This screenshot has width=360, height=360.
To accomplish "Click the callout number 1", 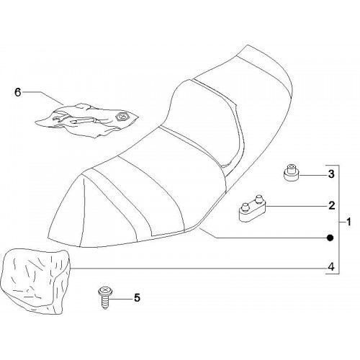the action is pos(348,222).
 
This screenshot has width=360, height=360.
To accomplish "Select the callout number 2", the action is pos(331,206).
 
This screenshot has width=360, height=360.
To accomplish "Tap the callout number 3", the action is pos(331,174).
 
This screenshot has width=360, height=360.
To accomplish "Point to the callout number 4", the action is pos(331,266).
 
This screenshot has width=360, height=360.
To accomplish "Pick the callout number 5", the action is pos(137,298).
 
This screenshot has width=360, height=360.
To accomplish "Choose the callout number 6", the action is pos(18,92).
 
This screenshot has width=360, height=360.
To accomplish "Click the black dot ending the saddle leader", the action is pos(330,238).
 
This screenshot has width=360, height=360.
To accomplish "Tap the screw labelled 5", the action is pos(105,297).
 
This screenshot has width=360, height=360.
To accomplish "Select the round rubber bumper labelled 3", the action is pos(291,172).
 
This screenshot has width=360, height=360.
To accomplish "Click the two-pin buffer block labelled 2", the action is pos(252,209).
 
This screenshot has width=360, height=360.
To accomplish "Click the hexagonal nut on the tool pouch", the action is pos(120,117).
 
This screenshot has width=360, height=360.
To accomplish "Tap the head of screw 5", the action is pos(105,291).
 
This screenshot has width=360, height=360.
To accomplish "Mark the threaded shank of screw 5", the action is pos(105,302).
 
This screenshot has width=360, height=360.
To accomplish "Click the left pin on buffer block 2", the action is pos(246,207).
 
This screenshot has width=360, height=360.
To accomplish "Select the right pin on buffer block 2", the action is pos(258,199).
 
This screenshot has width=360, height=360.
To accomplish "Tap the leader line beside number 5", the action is pos(121,299).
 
